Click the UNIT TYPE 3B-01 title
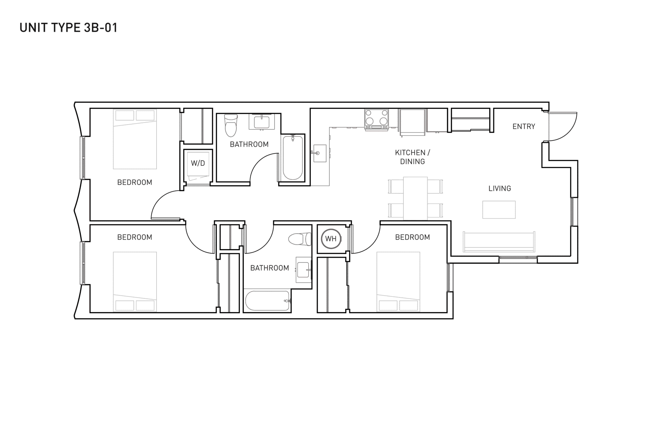(x=69, y=27)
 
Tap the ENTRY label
(x=524, y=126)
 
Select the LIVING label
(x=500, y=188)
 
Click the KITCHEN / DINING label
(x=412, y=157)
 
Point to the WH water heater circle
(x=331, y=239)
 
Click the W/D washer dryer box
(x=198, y=163)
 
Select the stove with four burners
(x=376, y=119)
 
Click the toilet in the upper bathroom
(x=231, y=125)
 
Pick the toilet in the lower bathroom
(x=300, y=239)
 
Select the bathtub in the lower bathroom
(x=268, y=301)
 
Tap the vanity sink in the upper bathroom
(x=261, y=122)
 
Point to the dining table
(x=415, y=198)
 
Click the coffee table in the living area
(x=499, y=209)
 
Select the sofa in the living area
(x=499, y=242)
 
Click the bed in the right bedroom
(x=398, y=282)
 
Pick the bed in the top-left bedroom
(x=135, y=139)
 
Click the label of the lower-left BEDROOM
(x=134, y=237)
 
